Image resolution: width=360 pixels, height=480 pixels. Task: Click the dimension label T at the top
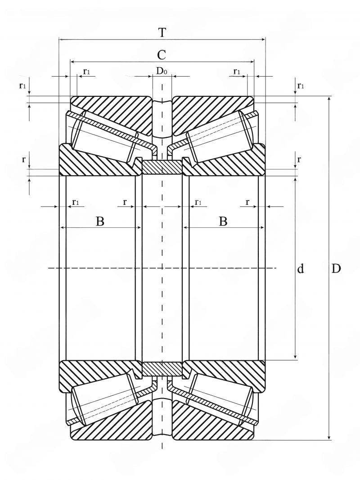click(162, 32)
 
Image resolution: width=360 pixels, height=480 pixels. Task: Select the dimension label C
click(162, 55)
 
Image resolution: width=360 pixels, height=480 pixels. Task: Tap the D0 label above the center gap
click(162, 71)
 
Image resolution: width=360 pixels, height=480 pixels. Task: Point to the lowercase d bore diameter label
click(301, 268)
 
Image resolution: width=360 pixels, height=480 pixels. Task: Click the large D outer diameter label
click(336, 268)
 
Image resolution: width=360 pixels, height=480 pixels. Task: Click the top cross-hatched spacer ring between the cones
click(162, 168)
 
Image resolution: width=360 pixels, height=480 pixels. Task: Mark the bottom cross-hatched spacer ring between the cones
click(162, 369)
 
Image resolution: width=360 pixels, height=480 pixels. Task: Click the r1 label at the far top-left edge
click(22, 86)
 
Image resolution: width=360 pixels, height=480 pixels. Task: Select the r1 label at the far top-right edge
click(301, 86)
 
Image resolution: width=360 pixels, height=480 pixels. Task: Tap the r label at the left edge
click(23, 159)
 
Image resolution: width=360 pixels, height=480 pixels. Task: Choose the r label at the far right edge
click(299, 159)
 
